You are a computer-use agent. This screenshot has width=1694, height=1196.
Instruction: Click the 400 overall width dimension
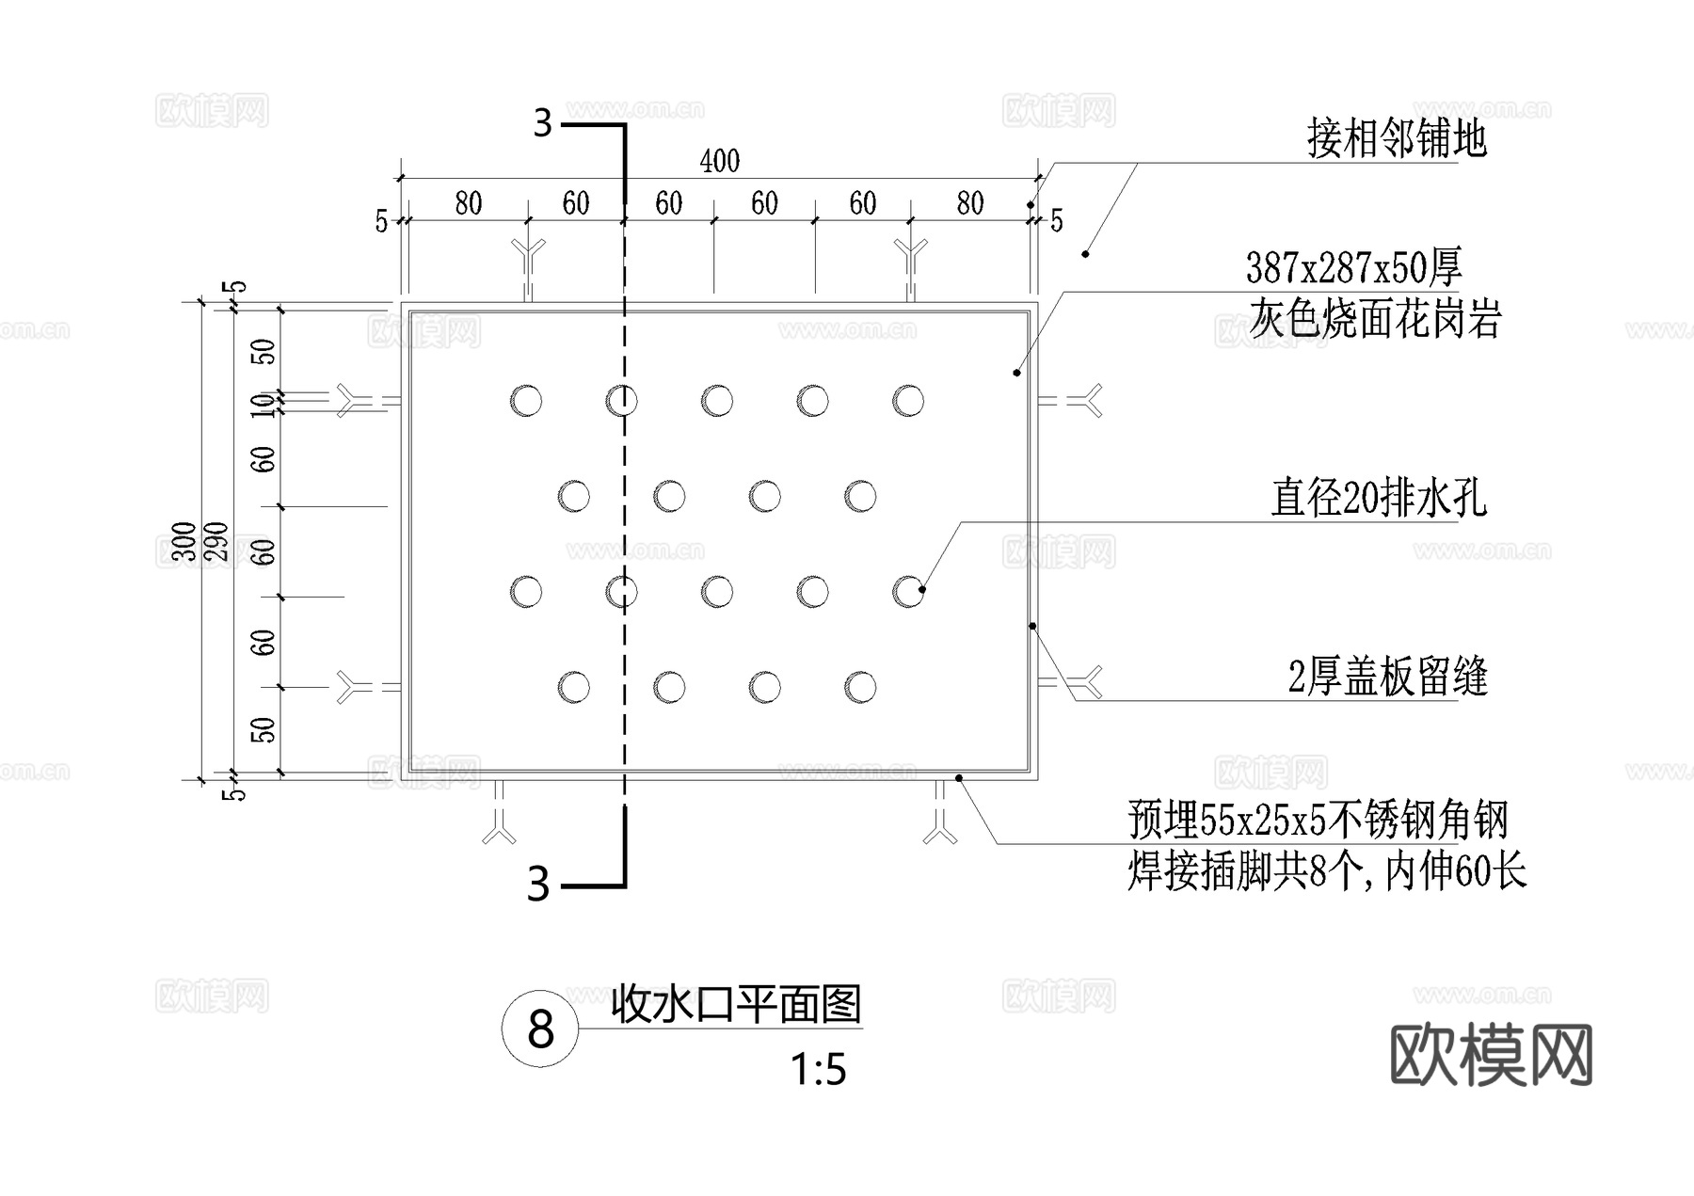coord(720,161)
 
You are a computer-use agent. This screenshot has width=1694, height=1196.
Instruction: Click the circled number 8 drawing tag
coord(540,1029)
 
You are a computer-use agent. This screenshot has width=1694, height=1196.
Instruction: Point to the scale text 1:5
coord(818,1070)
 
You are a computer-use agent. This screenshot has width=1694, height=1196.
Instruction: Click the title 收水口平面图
coord(736,1004)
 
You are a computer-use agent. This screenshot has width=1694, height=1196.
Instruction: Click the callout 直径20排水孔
coord(1378,498)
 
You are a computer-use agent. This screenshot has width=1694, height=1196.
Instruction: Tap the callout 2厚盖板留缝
coord(1387,677)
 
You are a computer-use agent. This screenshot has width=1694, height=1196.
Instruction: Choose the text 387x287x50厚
coord(1353,268)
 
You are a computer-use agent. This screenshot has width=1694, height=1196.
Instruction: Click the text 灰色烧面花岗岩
coord(1374,319)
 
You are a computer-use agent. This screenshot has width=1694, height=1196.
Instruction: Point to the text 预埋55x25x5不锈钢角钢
coord(1318,820)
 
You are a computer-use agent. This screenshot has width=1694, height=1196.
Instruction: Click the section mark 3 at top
coord(543,123)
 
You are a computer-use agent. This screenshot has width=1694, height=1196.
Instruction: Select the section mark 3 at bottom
coord(538,885)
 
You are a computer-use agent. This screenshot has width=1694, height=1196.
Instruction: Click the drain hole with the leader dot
coord(908,592)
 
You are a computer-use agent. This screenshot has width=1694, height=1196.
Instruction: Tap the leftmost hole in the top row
coord(526,401)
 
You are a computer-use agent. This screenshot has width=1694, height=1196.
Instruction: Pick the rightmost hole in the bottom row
coord(860,687)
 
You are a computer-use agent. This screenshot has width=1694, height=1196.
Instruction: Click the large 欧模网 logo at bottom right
coord(1492,1055)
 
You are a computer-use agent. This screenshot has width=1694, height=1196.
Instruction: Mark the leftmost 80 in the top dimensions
coord(468,203)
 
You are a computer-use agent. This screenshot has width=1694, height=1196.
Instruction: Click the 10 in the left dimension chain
coord(265,405)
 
